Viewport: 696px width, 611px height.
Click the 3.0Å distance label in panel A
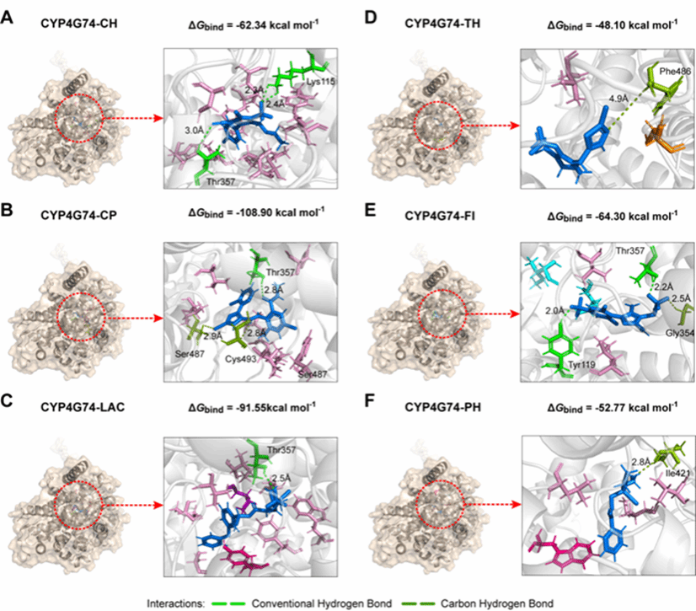pos(194,131)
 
